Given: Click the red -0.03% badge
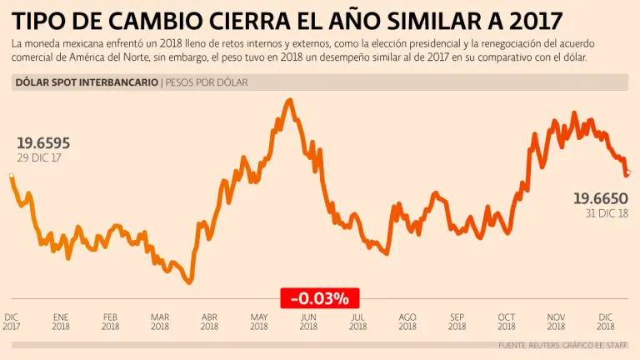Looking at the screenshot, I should [x=319, y=297].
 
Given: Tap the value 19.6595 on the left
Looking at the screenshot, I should [x=43, y=143].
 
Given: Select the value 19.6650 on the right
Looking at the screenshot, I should [x=600, y=198].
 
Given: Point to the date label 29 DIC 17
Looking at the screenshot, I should [x=40, y=157].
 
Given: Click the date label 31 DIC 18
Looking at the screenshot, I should [x=607, y=213].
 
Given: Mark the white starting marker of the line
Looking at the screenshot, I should [x=11, y=176].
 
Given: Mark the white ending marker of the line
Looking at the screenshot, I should [x=628, y=172].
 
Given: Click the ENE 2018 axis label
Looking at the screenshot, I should [x=61, y=322].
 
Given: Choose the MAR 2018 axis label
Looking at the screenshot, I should [x=160, y=322].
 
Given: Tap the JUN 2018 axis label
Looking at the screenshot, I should [x=308, y=322].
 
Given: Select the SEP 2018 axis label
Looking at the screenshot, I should [x=457, y=322].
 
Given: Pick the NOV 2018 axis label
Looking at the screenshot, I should [x=556, y=322].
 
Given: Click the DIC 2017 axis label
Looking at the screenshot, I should [x=12, y=322].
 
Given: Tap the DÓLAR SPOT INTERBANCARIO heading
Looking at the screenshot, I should [x=87, y=82].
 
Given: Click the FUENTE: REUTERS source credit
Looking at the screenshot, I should [x=534, y=345].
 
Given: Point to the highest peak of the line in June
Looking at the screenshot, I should [x=289, y=100].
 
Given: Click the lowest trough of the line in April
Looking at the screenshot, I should [x=190, y=283].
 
